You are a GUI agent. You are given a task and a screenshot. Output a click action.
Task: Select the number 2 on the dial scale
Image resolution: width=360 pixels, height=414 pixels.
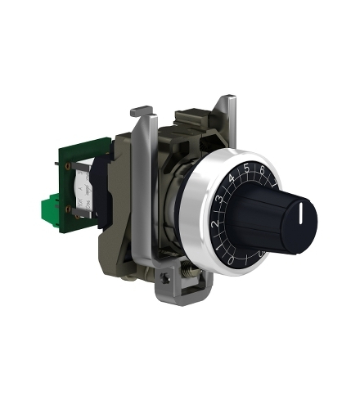pyautogui.click(x=215, y=223)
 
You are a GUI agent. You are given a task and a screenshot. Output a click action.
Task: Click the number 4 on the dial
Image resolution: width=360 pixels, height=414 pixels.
pyautogui.click(x=232, y=178)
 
